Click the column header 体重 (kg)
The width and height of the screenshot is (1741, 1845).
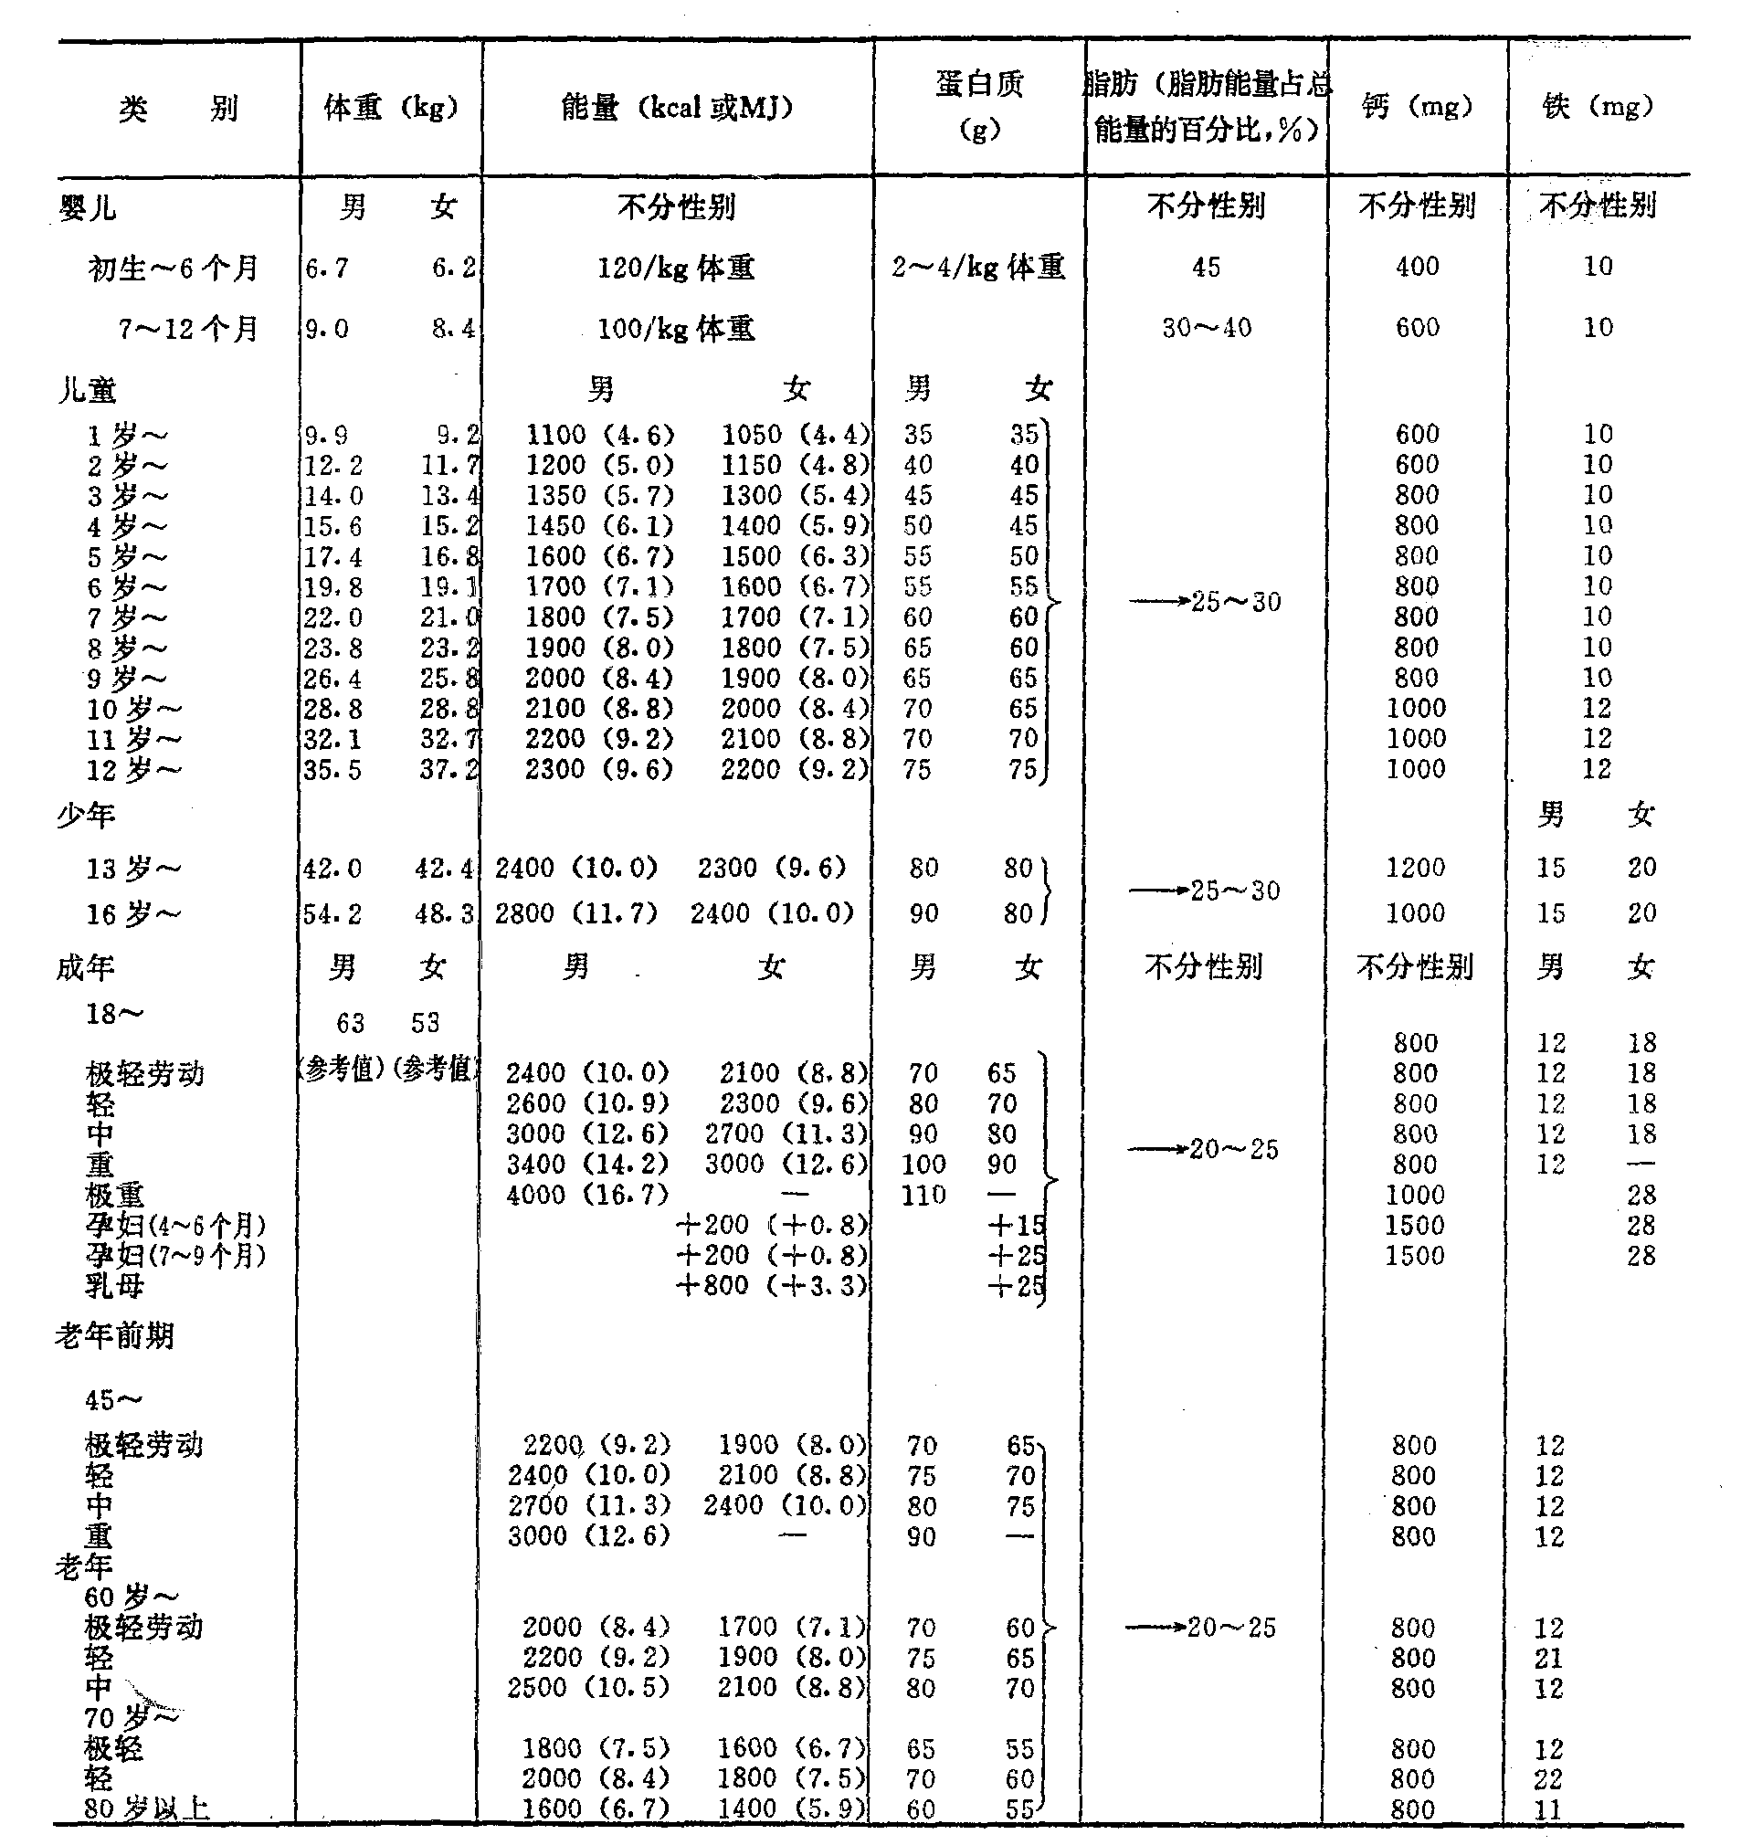391,109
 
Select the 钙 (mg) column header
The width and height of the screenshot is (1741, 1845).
1417,107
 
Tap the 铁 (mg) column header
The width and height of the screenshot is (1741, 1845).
1599,107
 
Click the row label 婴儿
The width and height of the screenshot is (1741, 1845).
88,207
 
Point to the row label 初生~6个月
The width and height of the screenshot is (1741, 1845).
173,269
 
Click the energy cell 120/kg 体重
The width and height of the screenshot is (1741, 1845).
676,269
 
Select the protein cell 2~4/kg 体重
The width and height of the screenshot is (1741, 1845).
978,268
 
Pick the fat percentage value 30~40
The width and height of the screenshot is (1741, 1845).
1207,328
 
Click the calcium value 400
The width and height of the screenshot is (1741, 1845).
1417,268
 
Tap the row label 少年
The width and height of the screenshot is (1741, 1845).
85,816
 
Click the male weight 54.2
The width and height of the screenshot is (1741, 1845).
332,914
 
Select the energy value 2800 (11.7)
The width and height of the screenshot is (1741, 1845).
576,913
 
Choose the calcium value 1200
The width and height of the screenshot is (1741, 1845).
1415,868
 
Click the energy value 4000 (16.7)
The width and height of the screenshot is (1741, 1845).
587,1195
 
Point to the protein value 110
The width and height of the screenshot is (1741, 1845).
923,1195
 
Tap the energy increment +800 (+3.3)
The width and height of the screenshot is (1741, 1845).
772,1285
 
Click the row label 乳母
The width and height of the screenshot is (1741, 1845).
115,1286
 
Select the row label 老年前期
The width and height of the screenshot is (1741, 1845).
114,1336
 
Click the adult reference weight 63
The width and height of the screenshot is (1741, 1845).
350,1023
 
